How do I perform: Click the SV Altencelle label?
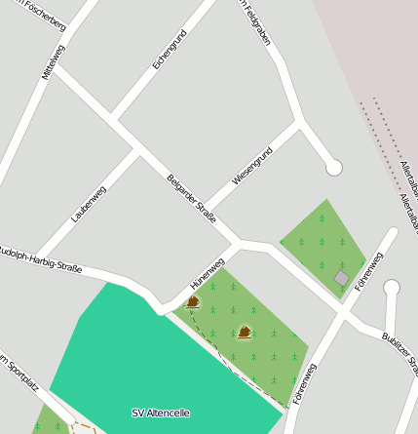(161, 414)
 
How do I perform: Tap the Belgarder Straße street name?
(191, 198)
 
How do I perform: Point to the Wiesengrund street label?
(252, 165)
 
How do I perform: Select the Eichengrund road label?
(170, 50)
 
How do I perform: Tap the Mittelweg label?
(54, 61)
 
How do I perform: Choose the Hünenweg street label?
(208, 273)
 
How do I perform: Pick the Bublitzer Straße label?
(399, 352)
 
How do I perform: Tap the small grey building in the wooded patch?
(342, 279)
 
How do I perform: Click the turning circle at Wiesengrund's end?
(334, 168)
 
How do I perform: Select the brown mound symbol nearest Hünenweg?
(193, 302)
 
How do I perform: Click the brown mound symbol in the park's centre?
(244, 333)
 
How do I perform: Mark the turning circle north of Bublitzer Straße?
(392, 288)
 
